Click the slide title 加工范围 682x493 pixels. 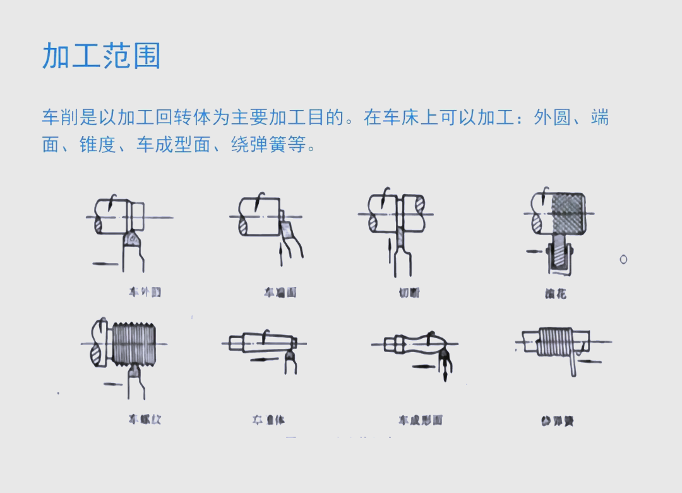click(x=101, y=56)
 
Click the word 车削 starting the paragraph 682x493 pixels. click(x=61, y=118)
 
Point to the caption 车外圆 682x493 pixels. click(x=145, y=292)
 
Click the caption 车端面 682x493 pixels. click(x=280, y=292)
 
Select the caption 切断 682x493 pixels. click(x=409, y=292)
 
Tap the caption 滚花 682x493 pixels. click(x=556, y=293)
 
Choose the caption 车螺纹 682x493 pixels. click(x=145, y=418)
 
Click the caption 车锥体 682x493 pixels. click(x=268, y=420)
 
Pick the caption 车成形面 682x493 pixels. click(x=420, y=420)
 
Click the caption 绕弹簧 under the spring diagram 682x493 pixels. click(x=557, y=421)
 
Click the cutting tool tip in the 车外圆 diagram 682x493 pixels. click(x=132, y=238)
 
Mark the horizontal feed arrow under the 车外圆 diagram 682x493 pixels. click(x=105, y=263)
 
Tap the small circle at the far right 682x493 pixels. click(x=624, y=259)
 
